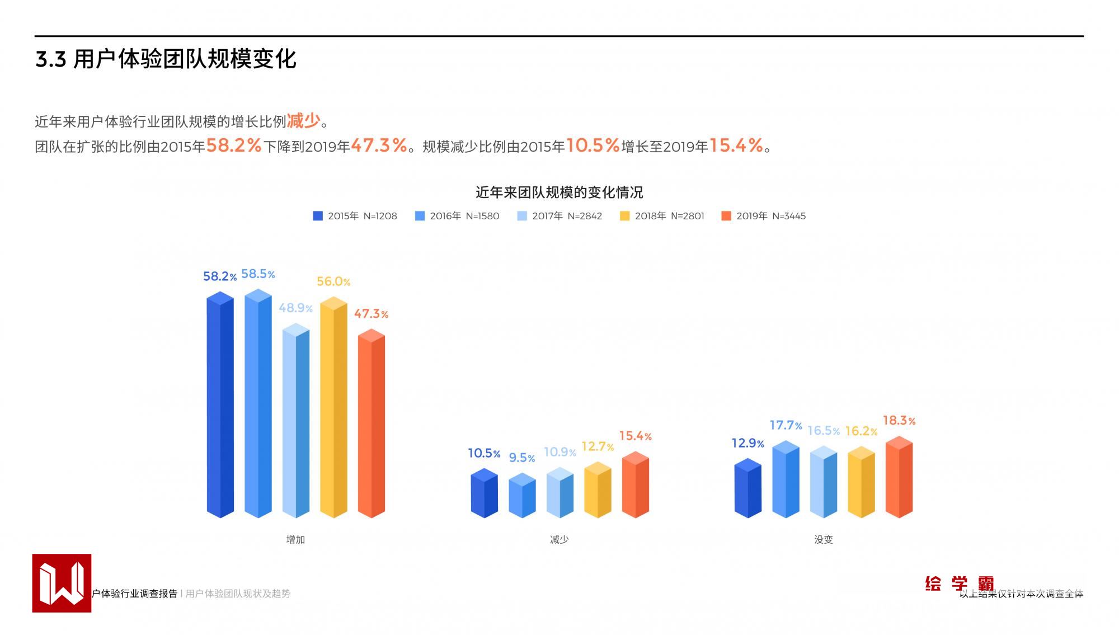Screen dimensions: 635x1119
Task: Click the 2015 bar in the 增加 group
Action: pos(220,406)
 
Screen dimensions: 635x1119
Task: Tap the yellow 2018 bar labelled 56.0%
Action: pos(333,408)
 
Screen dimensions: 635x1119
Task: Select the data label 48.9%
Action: pos(295,308)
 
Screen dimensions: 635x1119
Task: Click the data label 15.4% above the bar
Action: pos(635,436)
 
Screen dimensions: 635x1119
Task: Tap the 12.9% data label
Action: pos(747,443)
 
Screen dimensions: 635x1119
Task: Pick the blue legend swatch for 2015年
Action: pos(318,216)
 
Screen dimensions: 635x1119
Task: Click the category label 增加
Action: pos(295,539)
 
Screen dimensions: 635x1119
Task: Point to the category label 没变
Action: pos(823,539)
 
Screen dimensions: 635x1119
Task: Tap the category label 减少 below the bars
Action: pos(559,539)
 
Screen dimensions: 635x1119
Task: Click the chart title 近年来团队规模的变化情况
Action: pos(559,192)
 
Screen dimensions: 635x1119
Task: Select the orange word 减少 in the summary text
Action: pos(303,120)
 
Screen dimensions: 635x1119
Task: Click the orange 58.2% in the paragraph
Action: pos(234,146)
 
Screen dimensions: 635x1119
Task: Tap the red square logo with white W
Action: pos(62,583)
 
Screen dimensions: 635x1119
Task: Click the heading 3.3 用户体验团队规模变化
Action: pos(166,59)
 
